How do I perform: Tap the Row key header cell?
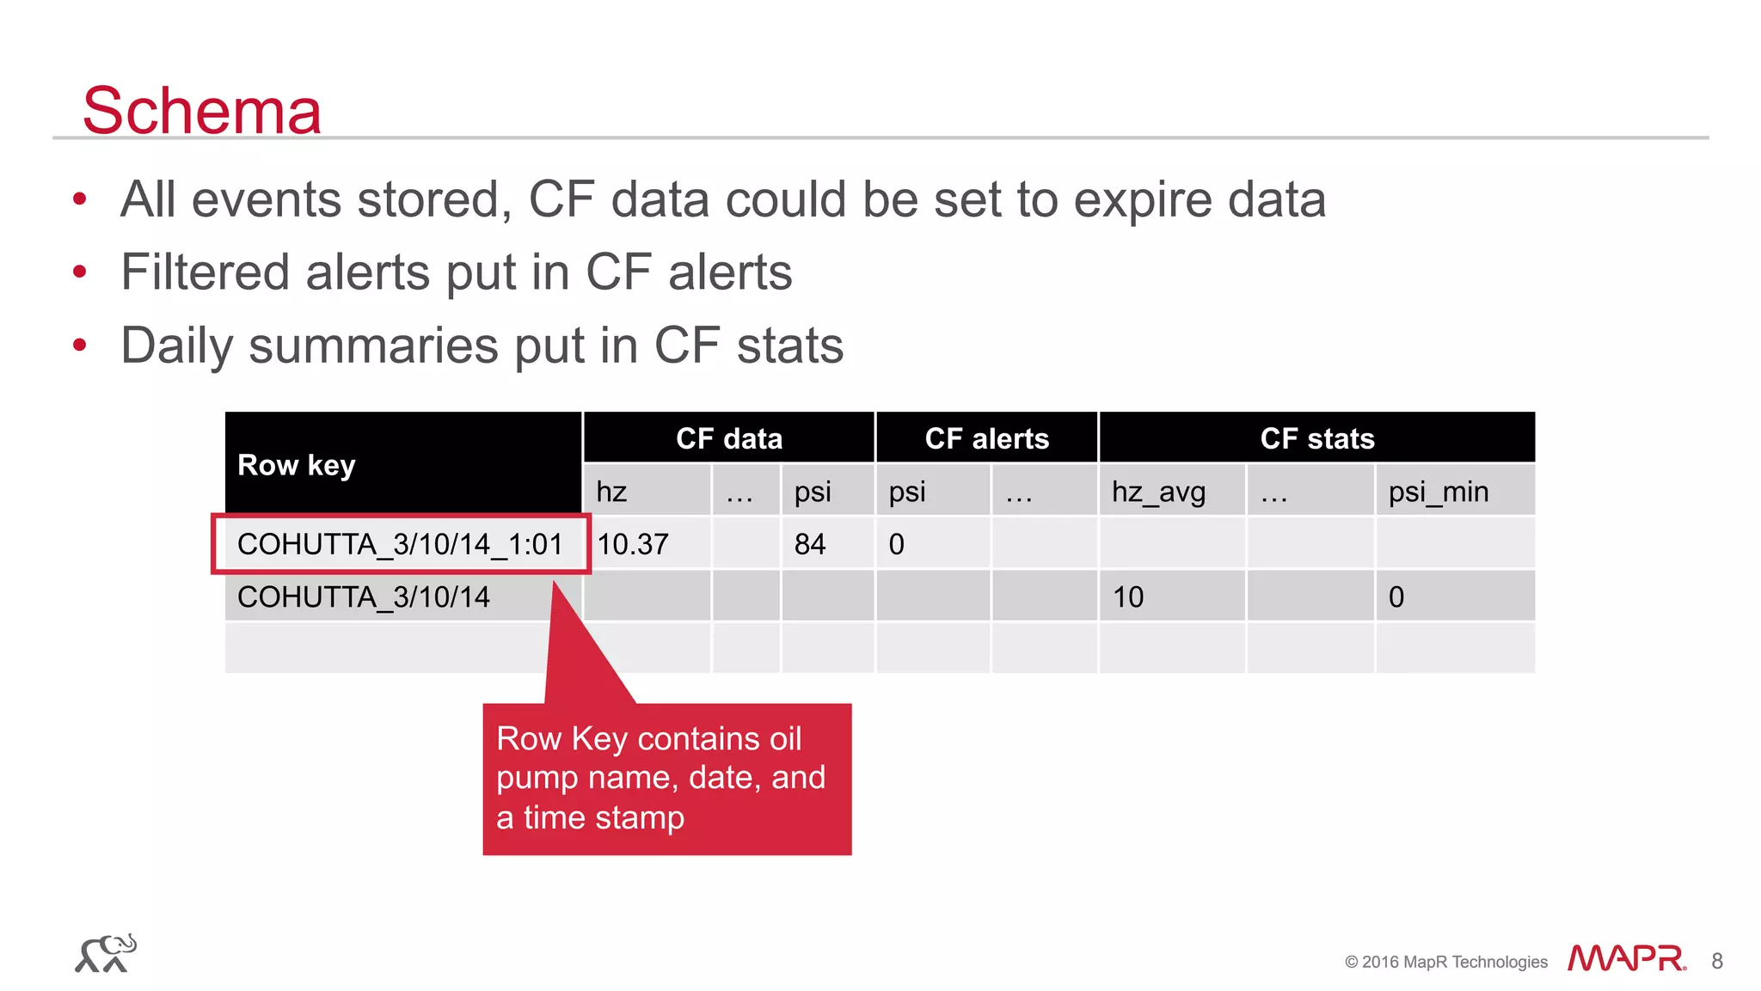coord(297,465)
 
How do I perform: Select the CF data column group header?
coord(729,438)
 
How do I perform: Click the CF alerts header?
coord(986,438)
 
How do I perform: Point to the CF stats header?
coord(1316,438)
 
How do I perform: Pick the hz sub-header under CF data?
coord(611,492)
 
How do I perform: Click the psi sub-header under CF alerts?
coord(907,492)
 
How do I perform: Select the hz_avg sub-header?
coord(1158,492)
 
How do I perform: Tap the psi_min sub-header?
coord(1438,492)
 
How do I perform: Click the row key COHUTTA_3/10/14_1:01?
coord(400,544)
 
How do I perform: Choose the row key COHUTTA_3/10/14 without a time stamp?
coord(364,596)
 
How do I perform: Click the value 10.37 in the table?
coord(633,544)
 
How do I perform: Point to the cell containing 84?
coord(810,544)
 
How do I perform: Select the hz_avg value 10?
coord(1128,596)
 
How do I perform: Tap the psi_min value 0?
coord(1396,596)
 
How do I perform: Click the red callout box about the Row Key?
coord(666,779)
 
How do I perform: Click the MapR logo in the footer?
coord(1626,958)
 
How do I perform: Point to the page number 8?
coord(1717,961)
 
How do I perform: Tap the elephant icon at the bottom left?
coord(106,953)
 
